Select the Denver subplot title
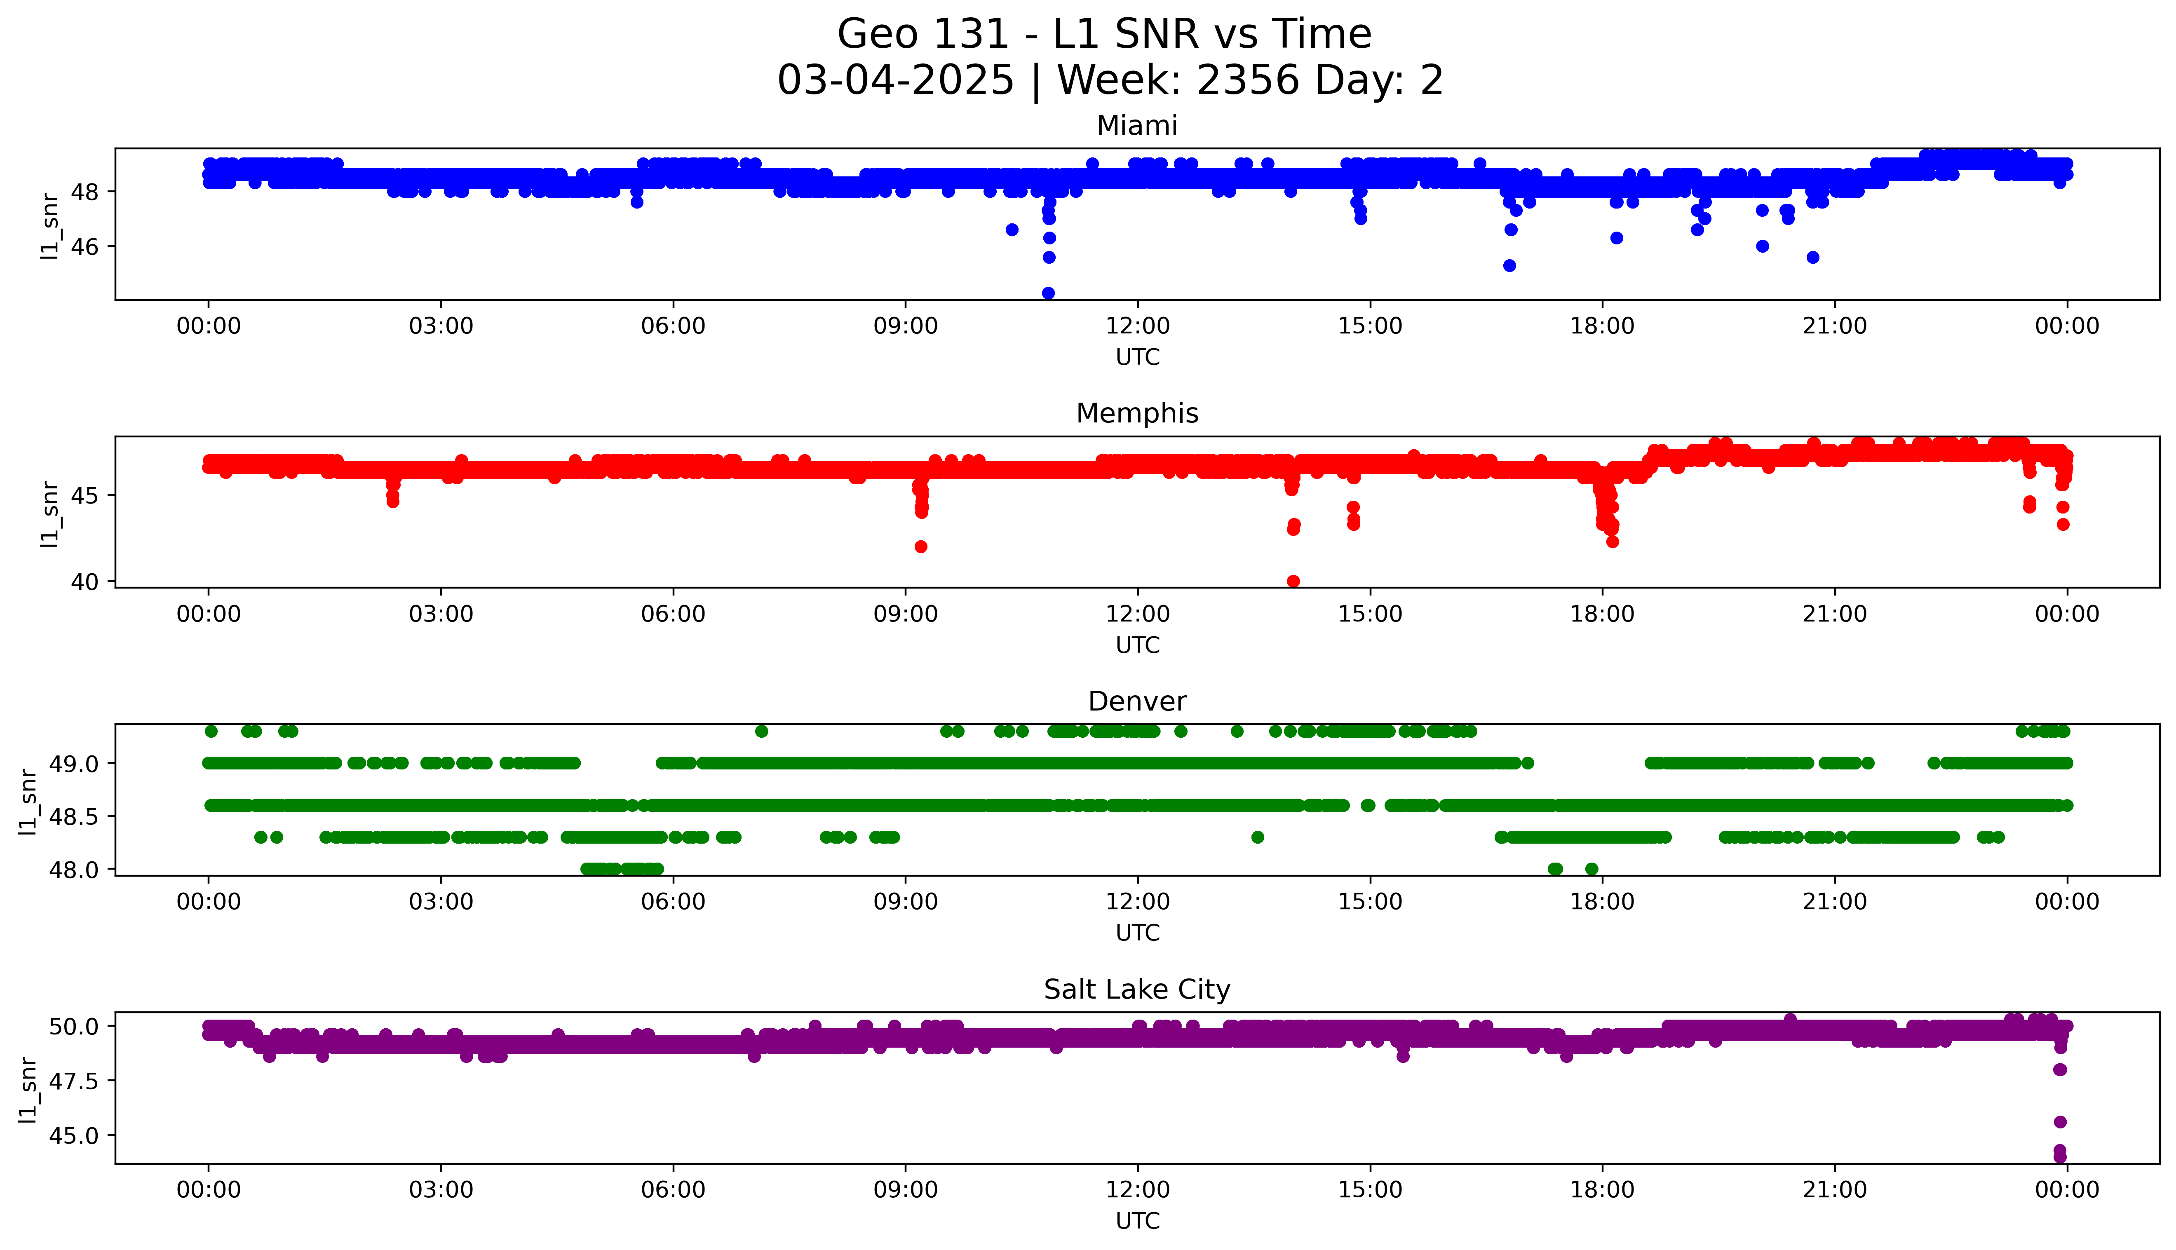(1136, 701)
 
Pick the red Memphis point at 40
(1293, 581)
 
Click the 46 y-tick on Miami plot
(86, 246)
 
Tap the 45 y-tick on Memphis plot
(86, 495)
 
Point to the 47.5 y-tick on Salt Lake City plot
(72, 1081)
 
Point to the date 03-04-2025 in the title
(895, 81)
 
